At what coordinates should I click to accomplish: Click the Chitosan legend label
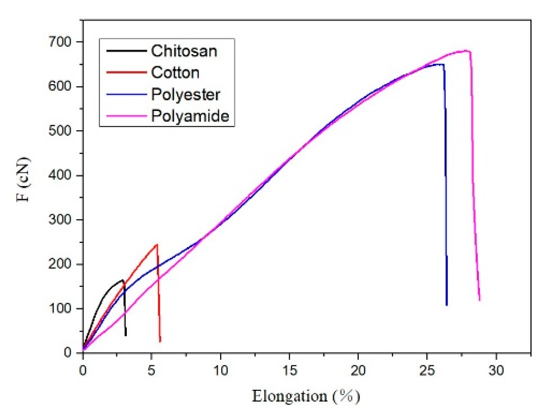[x=184, y=51]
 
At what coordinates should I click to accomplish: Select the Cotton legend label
[x=175, y=72]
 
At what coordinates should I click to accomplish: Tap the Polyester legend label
[x=185, y=94]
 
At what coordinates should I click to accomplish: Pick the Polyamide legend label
[x=190, y=116]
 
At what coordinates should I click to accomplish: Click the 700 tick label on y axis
[x=60, y=42]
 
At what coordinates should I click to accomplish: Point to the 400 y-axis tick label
[x=60, y=175]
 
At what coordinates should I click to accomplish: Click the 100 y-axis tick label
[x=60, y=309]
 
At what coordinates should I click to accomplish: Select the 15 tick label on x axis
[x=289, y=371]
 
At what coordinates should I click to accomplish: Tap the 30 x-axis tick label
[x=496, y=371]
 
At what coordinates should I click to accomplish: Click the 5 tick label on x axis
[x=152, y=371]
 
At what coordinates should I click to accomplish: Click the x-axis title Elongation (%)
[x=306, y=396]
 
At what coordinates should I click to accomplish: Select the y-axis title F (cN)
[x=24, y=179]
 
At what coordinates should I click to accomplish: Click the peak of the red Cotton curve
[x=157, y=244]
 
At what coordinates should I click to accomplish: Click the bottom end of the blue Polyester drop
[x=447, y=305]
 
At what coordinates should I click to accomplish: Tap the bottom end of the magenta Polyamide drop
[x=479, y=300]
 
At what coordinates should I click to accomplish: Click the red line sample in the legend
[x=126, y=72]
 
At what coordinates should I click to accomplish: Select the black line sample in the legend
[x=126, y=51]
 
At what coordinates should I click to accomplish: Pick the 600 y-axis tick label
[x=60, y=86]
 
